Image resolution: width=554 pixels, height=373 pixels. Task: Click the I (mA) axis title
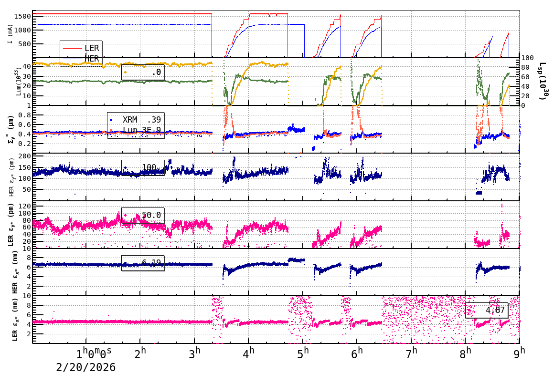click(x=10, y=34)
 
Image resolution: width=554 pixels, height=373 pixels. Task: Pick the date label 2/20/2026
click(x=86, y=367)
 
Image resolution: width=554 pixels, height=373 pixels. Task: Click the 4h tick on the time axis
click(x=249, y=353)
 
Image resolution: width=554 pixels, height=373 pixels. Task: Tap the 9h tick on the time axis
click(x=519, y=353)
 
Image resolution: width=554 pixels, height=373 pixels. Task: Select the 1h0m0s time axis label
click(x=94, y=354)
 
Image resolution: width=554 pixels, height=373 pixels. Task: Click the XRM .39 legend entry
click(x=136, y=120)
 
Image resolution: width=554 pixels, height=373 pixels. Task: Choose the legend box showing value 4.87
click(x=487, y=310)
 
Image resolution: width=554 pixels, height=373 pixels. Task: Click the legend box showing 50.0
click(x=143, y=215)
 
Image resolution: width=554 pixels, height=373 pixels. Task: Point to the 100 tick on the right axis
click(x=527, y=58)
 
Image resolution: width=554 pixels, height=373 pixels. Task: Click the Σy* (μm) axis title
click(x=10, y=129)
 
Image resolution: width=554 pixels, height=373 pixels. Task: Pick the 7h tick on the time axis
click(x=411, y=353)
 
